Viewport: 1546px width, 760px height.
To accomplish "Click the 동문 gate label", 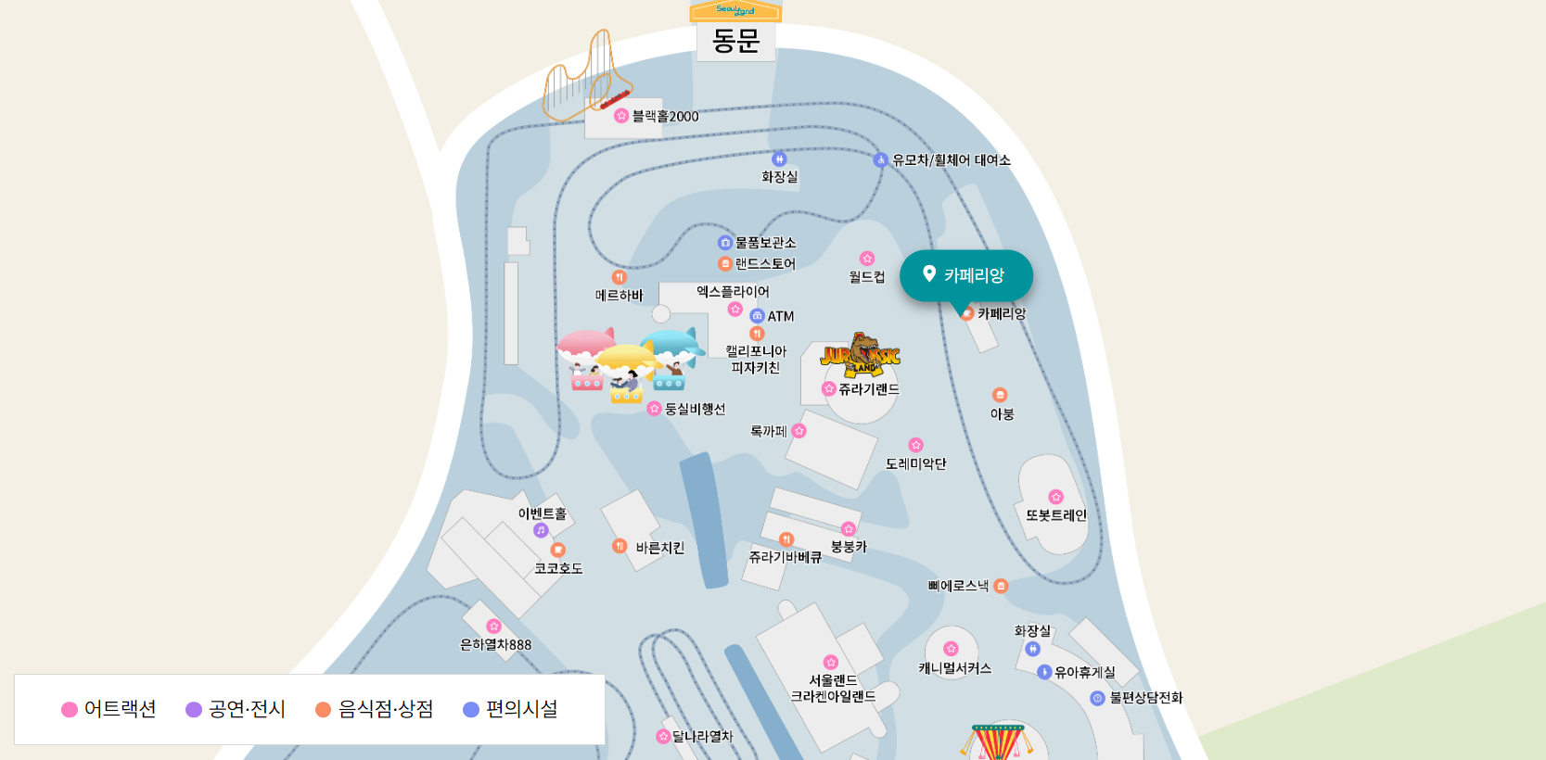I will (735, 41).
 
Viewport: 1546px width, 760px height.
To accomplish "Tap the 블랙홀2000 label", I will (665, 117).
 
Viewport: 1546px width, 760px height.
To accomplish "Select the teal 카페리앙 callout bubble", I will (966, 275).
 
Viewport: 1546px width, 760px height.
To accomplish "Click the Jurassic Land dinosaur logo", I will (861, 354).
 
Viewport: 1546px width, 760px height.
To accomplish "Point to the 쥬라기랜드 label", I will (869, 389).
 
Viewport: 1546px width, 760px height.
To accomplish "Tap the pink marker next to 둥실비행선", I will (654, 409).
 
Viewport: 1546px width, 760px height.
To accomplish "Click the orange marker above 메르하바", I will (620, 277).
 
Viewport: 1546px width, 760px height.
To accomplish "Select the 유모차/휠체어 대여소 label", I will (951, 160).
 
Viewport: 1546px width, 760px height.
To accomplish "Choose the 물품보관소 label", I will (765, 243).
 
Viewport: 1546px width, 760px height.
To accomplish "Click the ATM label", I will (781, 316).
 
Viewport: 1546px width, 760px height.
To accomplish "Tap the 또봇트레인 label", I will (1055, 515).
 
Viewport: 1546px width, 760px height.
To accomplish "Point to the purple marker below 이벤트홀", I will (541, 530).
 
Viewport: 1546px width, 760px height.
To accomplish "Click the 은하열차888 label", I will (496, 645).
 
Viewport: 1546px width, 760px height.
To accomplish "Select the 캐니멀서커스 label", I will (955, 668).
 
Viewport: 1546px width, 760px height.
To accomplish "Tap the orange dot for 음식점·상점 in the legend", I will (323, 710).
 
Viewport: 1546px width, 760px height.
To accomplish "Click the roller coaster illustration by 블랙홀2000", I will (587, 79).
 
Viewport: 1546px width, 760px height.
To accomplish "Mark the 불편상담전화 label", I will (1146, 698).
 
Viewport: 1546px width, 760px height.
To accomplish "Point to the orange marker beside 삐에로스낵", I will (1001, 586).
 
